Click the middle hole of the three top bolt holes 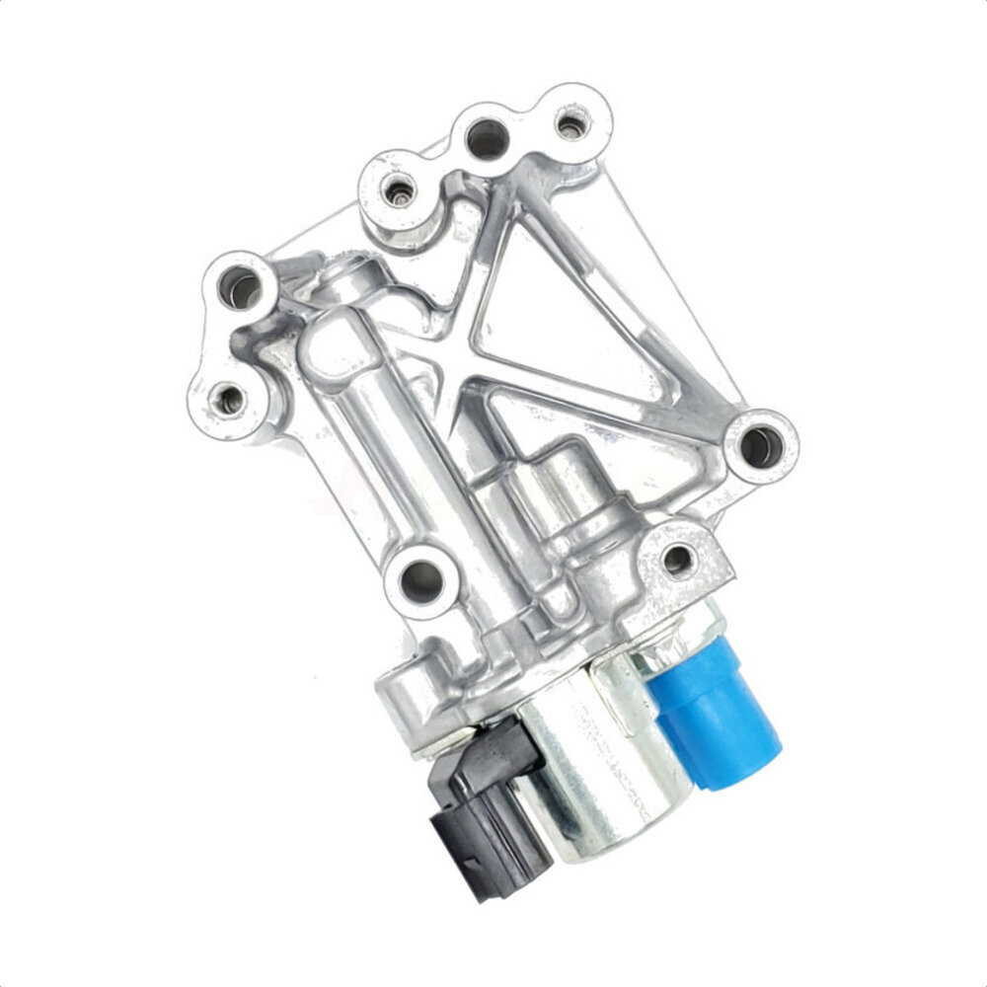487,139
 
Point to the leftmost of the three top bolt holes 399,188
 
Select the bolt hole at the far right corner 759,446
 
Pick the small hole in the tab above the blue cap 678,560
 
